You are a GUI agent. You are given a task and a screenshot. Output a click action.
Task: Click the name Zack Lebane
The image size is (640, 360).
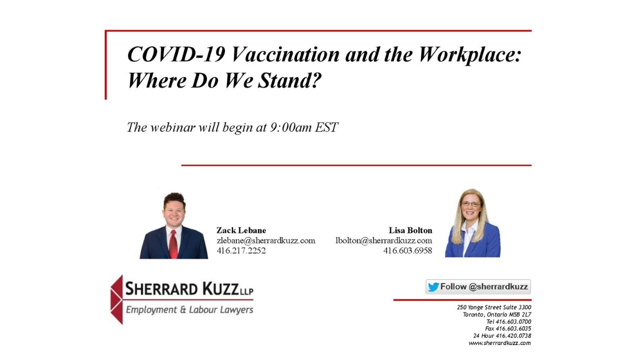241,230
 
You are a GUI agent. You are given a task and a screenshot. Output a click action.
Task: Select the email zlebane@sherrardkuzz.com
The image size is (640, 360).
265,240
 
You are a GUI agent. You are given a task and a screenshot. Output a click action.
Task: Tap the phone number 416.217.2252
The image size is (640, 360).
241,250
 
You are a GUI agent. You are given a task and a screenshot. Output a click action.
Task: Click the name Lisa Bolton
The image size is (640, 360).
410,230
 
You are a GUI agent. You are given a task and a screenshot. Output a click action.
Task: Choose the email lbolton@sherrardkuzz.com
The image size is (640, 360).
383,240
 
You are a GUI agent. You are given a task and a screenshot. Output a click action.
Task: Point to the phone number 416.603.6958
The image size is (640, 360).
407,250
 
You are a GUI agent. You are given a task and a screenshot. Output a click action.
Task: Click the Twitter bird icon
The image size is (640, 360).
433,287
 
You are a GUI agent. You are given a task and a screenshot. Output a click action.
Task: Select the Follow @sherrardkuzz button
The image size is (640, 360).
478,287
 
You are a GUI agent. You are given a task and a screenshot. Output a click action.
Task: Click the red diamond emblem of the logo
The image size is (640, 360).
116,299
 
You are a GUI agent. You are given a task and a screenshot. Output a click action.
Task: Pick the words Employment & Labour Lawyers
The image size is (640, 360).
189,310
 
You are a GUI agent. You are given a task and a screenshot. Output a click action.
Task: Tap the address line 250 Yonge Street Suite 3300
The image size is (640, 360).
494,307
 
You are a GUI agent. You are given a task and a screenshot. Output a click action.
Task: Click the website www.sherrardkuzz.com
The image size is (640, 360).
499,343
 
